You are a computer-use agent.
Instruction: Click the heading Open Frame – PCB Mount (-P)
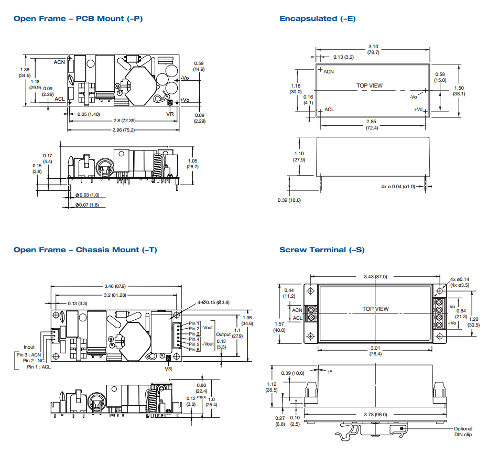78,19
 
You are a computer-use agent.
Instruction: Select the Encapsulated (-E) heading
317,19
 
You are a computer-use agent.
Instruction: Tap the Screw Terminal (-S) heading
322,250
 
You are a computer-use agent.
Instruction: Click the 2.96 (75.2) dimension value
123,129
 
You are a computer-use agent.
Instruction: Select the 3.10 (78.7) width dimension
373,49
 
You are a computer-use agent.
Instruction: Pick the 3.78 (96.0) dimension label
375,414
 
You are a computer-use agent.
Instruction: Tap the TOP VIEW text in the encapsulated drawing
370,85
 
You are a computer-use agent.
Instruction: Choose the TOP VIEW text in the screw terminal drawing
376,309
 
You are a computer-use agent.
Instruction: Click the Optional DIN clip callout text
463,431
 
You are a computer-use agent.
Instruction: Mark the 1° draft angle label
329,372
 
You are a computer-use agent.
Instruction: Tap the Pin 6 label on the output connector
194,349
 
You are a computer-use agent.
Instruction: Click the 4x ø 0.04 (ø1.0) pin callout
398,186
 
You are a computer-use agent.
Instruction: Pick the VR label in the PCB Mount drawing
169,114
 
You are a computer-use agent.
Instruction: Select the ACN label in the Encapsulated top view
329,71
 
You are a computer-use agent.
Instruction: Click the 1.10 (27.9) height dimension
299,156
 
